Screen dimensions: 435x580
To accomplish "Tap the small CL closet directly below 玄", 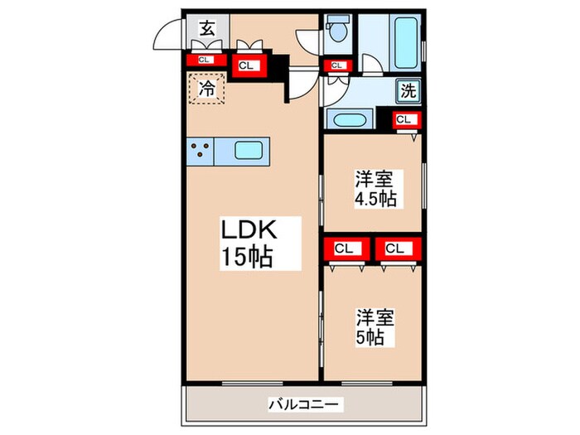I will (x=204, y=60).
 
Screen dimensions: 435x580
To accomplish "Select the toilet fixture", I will (x=337, y=31).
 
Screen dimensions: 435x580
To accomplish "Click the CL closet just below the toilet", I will (x=337, y=65).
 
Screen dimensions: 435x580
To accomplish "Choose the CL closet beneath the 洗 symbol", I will (x=404, y=119).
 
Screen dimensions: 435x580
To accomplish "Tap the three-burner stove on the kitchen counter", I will (x=201, y=151).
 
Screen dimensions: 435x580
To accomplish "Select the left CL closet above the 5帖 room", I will (x=346, y=247).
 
